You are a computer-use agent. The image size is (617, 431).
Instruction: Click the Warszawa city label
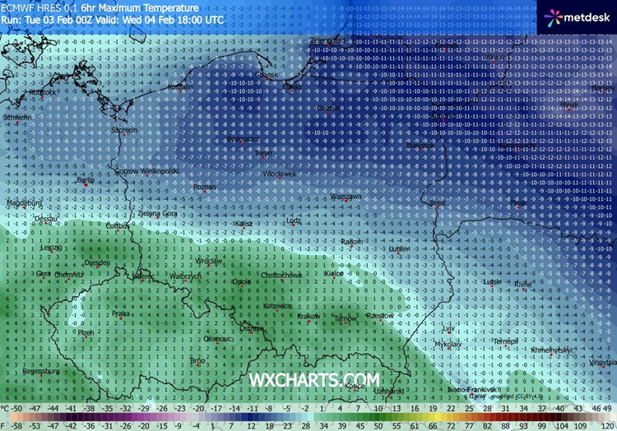[346, 197]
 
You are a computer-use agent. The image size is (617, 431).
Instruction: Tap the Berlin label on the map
[85, 179]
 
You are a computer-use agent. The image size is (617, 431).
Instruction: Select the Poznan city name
[204, 188]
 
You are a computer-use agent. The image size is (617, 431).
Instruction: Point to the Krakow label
[308, 316]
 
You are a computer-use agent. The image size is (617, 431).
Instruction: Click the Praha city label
[120, 313]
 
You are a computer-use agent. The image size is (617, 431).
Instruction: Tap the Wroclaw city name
[209, 260]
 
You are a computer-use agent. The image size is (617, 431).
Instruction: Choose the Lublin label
[399, 248]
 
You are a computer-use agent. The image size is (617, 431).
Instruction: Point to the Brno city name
[197, 360]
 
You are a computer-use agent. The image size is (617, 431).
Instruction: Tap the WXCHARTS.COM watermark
[315, 379]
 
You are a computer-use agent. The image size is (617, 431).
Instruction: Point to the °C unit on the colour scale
[5, 408]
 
